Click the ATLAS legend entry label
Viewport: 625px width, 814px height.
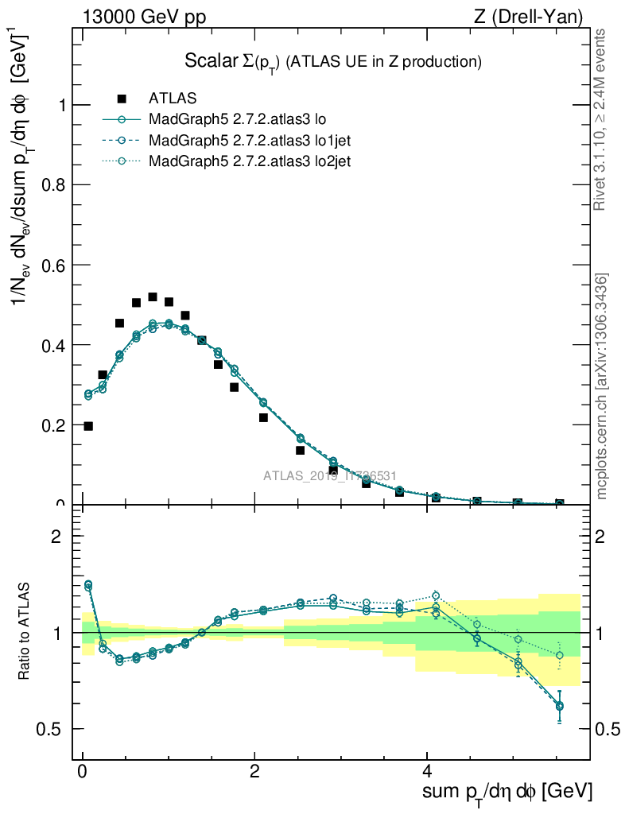point(173,99)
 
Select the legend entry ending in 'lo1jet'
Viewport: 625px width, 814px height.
point(250,140)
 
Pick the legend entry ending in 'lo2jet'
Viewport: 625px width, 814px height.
point(250,161)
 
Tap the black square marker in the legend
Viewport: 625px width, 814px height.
point(122,99)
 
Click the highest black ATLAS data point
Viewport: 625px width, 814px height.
point(153,297)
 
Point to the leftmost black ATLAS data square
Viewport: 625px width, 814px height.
point(88,426)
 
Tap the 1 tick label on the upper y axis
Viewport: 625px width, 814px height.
point(61,105)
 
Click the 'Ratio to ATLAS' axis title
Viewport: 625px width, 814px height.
point(25,632)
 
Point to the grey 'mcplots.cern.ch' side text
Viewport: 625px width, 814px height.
point(603,387)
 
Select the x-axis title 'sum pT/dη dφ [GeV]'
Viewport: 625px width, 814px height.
point(506,793)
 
